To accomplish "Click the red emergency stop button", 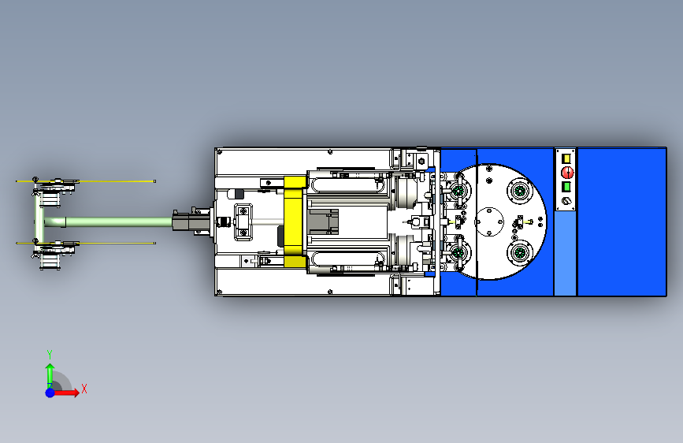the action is click(567, 172).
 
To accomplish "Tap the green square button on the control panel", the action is click(566, 187).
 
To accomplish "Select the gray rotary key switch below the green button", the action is click(566, 201).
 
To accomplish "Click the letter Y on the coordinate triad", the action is click(50, 354).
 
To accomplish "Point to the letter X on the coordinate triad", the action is click(84, 389).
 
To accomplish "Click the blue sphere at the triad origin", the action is click(50, 393).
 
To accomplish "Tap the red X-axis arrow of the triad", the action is click(65, 393).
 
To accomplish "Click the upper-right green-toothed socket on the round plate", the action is click(520, 191).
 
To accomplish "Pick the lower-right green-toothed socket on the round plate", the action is click(520, 253).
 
